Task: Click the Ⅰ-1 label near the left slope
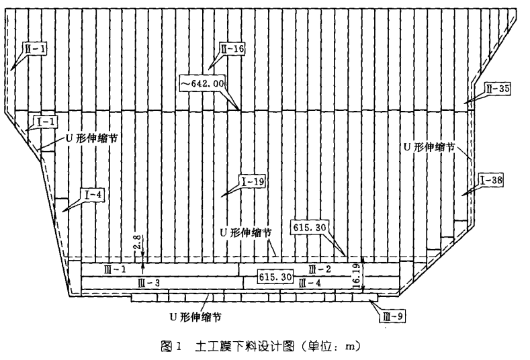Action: click(x=41, y=122)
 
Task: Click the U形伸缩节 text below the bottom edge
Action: click(x=195, y=316)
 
